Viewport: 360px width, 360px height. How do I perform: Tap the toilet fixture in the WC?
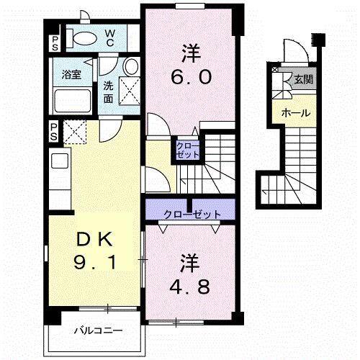pyautogui.click(x=83, y=37)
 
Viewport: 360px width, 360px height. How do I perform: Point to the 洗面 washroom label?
pyautogui.click(x=108, y=91)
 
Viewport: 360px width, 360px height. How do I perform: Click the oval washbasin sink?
pyautogui.click(x=130, y=67)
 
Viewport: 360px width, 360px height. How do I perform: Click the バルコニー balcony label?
pyautogui.click(x=99, y=332)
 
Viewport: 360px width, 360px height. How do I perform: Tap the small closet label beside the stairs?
pyautogui.click(x=186, y=150)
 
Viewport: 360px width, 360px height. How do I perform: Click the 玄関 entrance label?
pyautogui.click(x=302, y=79)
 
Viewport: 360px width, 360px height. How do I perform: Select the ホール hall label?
pyautogui.click(x=295, y=113)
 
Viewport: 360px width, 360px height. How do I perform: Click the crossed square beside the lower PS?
pyautogui.click(x=75, y=132)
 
